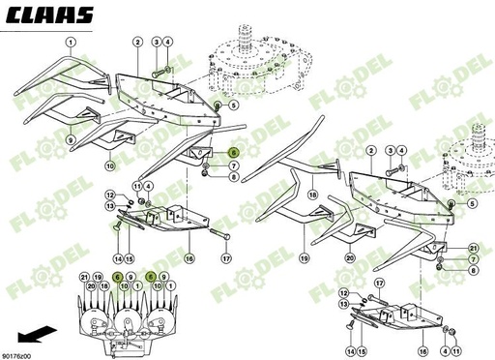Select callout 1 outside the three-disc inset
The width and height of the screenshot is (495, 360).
[71, 43]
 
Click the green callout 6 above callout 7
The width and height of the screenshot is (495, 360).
[233, 152]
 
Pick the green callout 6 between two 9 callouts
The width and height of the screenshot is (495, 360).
[151, 277]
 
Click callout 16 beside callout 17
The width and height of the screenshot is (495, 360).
[189, 259]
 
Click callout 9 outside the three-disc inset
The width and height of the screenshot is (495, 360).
[71, 139]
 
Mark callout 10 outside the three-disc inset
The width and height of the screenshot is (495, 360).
[109, 166]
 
